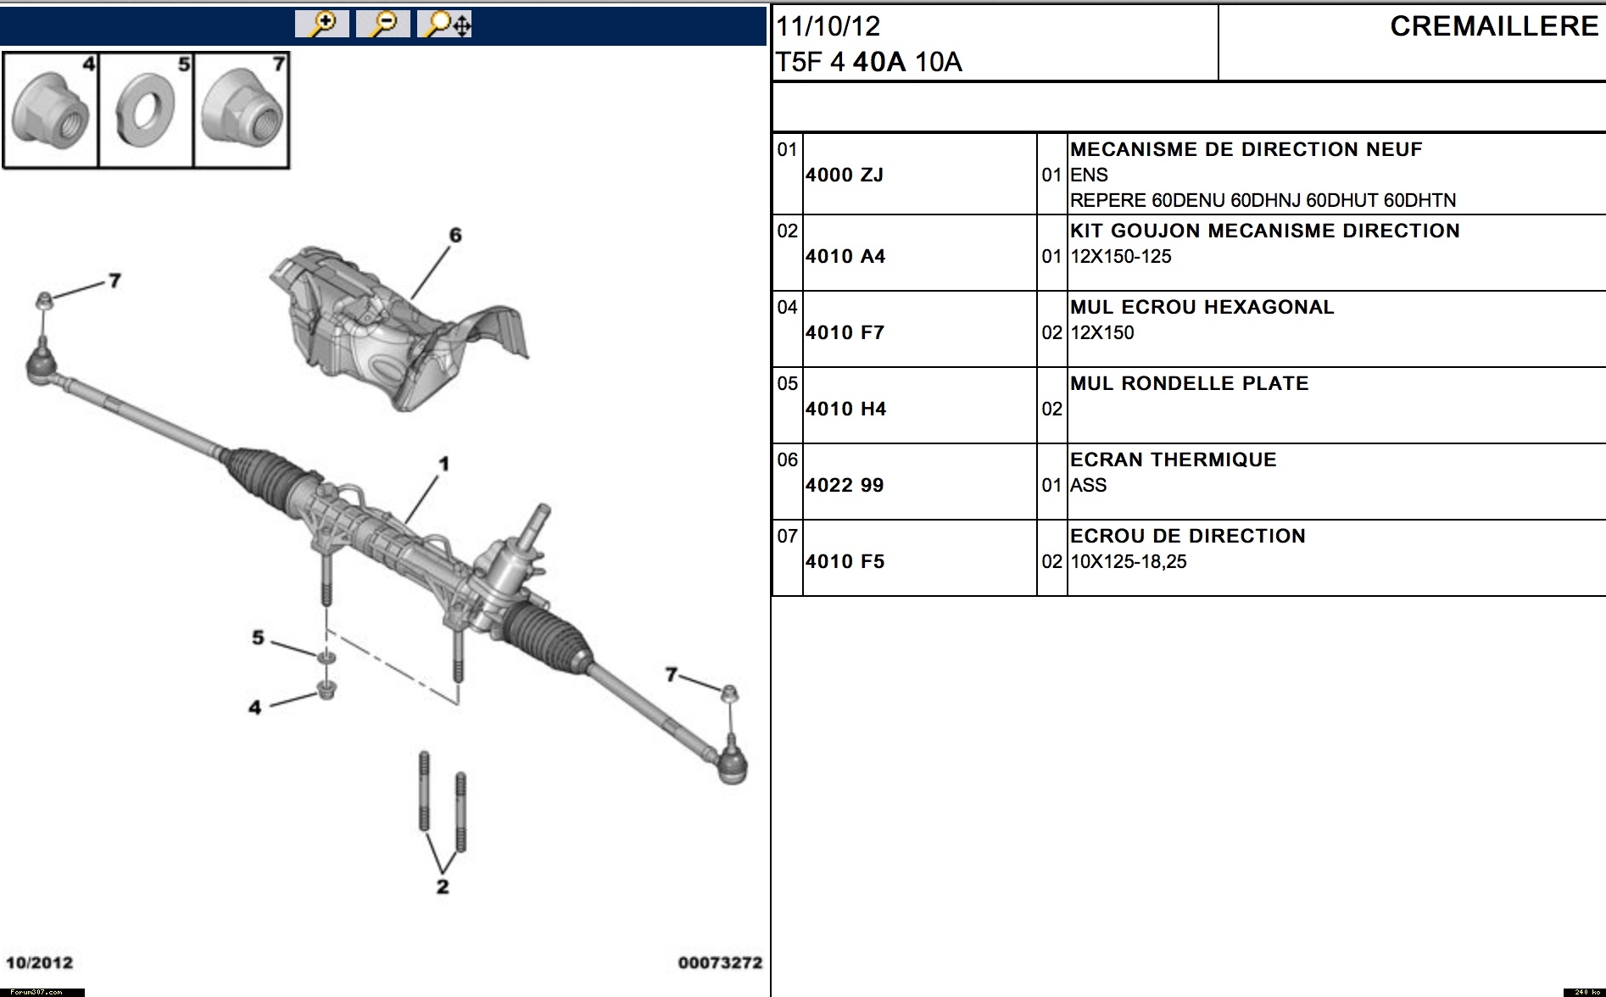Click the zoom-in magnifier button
click(322, 24)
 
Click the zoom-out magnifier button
click(383, 24)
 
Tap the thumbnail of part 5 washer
click(145, 111)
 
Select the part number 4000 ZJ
click(845, 175)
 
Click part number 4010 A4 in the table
click(845, 256)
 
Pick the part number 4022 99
click(845, 485)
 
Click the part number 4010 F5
click(845, 561)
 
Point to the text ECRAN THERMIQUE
click(1173, 460)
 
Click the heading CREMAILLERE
click(1494, 26)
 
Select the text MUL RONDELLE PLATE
click(1189, 383)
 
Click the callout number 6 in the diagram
click(455, 235)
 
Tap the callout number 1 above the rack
click(443, 464)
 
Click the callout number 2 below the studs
click(442, 887)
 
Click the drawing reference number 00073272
click(720, 962)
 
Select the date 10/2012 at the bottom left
click(39, 962)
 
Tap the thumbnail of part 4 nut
click(51, 111)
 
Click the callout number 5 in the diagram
click(258, 638)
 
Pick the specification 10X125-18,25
click(1128, 561)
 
